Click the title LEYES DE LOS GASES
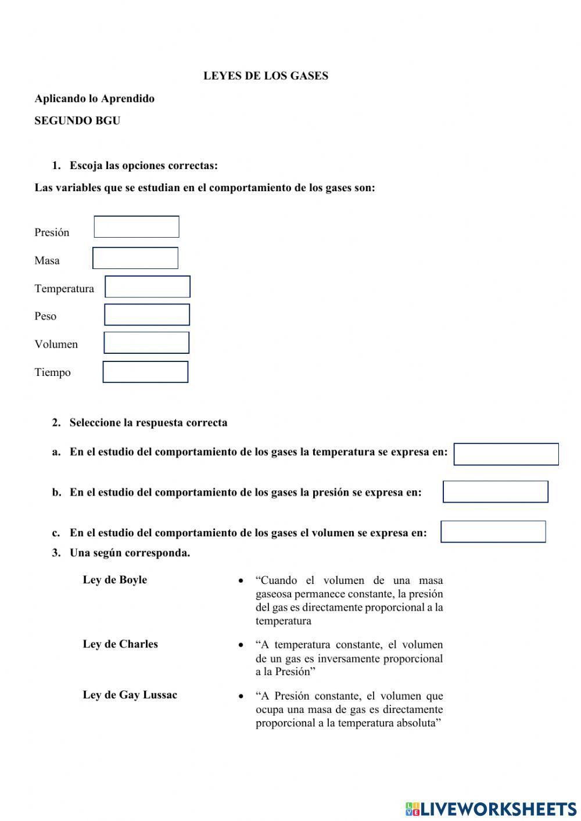click(266, 76)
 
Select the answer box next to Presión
click(137, 227)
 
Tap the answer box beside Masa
click(135, 258)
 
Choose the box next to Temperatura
click(148, 287)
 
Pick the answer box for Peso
click(147, 315)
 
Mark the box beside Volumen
click(146, 343)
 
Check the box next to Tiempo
click(145, 372)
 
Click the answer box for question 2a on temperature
click(506, 454)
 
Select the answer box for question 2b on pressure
click(496, 492)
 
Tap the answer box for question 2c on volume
click(493, 532)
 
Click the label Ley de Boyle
click(115, 580)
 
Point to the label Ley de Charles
click(120, 644)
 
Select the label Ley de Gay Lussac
click(130, 695)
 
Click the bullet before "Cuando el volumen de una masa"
click(241, 581)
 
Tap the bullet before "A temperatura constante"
click(241, 646)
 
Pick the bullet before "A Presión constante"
click(241, 696)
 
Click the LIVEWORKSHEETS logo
click(491, 808)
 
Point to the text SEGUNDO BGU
click(77, 121)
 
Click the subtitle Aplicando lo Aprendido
click(95, 99)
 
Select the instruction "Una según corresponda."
click(130, 553)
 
